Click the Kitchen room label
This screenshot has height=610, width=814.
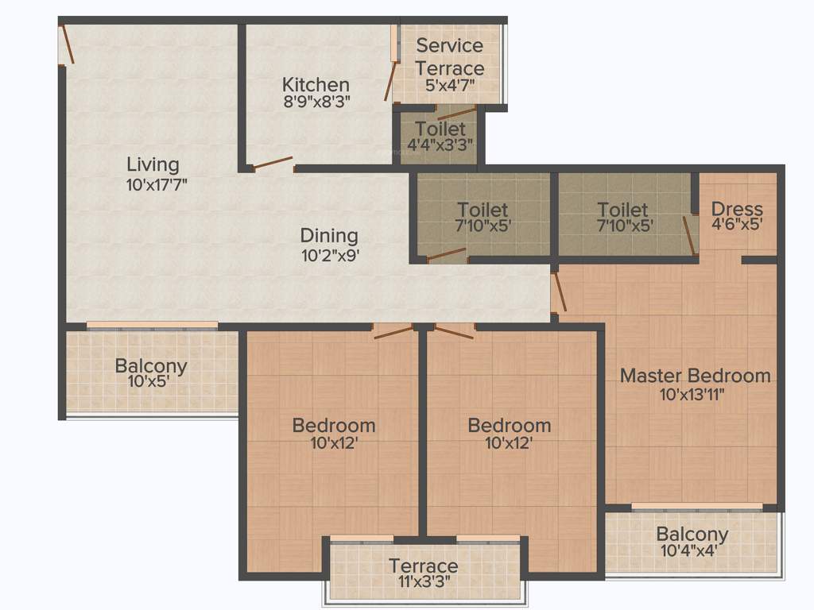(316, 84)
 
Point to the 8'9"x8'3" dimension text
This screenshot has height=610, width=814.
(316, 101)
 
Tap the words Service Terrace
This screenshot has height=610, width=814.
(449, 56)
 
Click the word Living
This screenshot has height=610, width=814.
(153, 164)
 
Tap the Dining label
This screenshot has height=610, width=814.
(328, 236)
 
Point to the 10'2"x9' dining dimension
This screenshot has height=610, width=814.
(328, 255)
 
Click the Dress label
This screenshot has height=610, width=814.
(737, 209)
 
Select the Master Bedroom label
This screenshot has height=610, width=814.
(695, 375)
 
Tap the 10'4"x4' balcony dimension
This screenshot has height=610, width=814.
(692, 550)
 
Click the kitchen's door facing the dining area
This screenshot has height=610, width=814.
(273, 164)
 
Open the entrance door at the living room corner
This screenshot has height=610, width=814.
(67, 44)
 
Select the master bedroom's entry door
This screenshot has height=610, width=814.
(559, 291)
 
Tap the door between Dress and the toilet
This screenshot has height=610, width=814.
(689, 233)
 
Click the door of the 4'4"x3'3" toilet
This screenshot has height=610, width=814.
(456, 113)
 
